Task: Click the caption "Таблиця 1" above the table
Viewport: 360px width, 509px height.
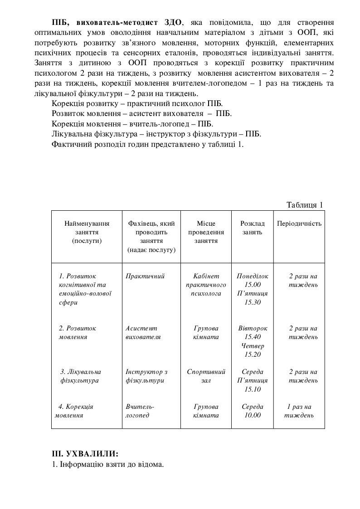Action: click(x=305, y=205)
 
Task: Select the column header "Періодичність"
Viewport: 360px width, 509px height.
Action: click(x=299, y=223)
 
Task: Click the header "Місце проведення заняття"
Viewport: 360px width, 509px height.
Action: click(x=206, y=232)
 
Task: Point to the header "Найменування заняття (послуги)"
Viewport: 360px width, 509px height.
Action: click(x=87, y=232)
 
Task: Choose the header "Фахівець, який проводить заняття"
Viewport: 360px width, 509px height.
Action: click(x=151, y=236)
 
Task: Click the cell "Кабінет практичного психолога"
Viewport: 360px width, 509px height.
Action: click(x=206, y=285)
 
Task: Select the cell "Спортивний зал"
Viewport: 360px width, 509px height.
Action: click(x=206, y=376)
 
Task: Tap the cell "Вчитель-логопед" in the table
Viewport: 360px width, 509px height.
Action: click(x=140, y=411)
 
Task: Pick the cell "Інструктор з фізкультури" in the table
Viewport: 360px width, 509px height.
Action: click(x=146, y=376)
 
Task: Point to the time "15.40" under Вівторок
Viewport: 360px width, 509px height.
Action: click(x=253, y=337)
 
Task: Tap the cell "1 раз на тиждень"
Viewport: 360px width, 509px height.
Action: click(x=299, y=411)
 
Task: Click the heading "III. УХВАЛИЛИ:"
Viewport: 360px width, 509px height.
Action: click(x=86, y=454)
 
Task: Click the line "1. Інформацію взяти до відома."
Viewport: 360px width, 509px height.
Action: click(x=108, y=465)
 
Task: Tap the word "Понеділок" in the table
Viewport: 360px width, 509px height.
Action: click(x=253, y=276)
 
